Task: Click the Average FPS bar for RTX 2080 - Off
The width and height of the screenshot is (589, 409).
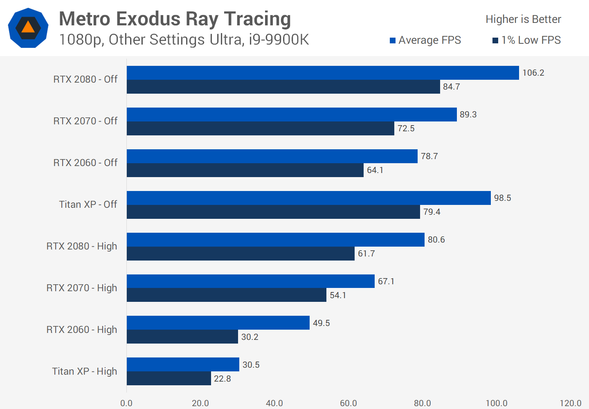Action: click(x=323, y=73)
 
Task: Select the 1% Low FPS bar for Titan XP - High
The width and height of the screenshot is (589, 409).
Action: click(x=169, y=378)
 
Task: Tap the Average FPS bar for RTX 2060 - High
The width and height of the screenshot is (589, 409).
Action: click(x=218, y=323)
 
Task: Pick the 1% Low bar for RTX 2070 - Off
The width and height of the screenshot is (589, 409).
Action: click(x=260, y=128)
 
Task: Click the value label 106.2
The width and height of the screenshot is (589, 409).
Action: click(x=533, y=73)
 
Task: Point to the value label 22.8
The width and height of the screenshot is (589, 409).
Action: click(x=223, y=379)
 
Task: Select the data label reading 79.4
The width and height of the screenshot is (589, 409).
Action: click(x=432, y=212)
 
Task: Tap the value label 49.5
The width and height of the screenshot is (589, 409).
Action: click(x=321, y=323)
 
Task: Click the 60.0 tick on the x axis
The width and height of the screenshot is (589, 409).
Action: click(x=348, y=403)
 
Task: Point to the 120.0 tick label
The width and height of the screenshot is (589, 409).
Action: click(x=570, y=403)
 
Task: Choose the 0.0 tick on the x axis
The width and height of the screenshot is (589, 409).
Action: click(x=126, y=403)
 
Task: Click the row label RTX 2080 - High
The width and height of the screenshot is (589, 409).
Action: click(x=82, y=246)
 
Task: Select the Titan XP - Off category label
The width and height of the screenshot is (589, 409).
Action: click(x=88, y=204)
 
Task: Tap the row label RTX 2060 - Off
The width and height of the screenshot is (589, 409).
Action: click(x=85, y=163)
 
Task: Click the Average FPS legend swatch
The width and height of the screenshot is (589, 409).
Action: click(x=393, y=40)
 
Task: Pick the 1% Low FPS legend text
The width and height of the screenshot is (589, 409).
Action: click(x=531, y=40)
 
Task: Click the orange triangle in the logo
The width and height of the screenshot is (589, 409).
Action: click(x=28, y=27)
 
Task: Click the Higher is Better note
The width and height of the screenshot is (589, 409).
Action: click(x=523, y=19)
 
